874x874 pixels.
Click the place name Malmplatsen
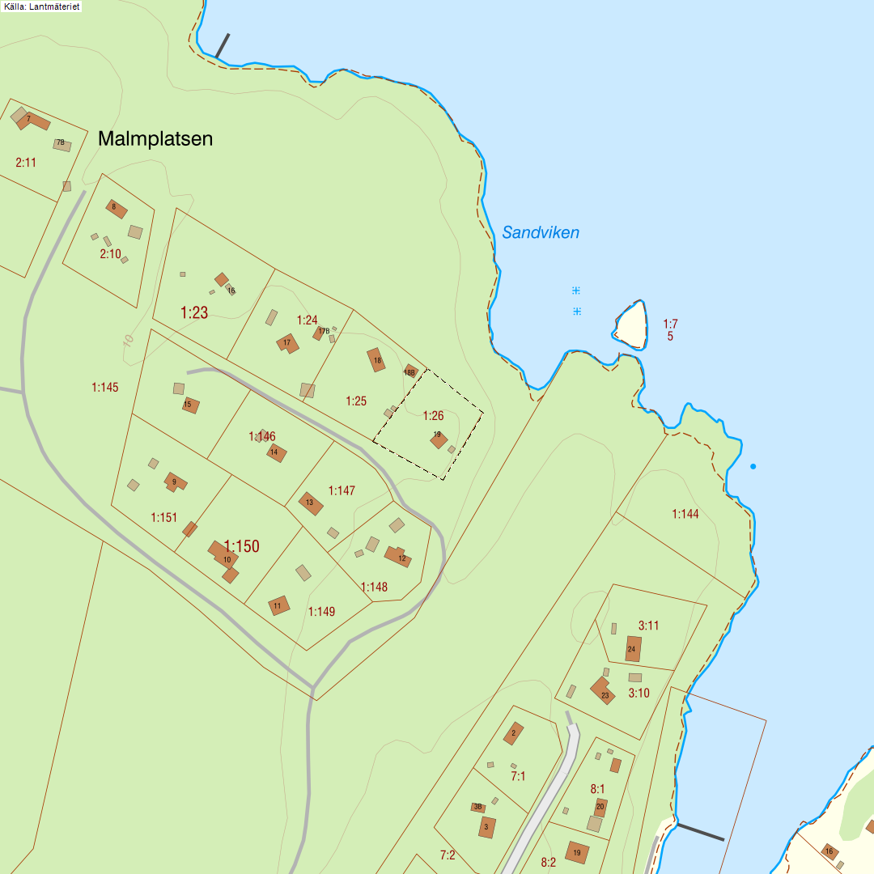point(155,138)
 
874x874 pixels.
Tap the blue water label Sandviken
point(541,233)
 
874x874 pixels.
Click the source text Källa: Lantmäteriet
point(40,6)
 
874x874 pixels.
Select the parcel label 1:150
point(242,546)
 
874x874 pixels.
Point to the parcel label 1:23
point(194,312)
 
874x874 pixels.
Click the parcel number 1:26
point(434,416)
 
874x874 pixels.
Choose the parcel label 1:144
point(685,514)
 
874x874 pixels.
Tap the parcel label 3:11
point(649,626)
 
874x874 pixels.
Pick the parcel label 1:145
point(105,388)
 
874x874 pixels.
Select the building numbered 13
point(311,503)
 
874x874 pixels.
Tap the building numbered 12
point(399,557)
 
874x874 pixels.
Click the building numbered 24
point(633,648)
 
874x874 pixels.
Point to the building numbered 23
point(603,692)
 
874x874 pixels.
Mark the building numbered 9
point(174,482)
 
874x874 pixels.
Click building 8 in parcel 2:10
point(116,208)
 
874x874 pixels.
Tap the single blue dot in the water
point(753,466)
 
